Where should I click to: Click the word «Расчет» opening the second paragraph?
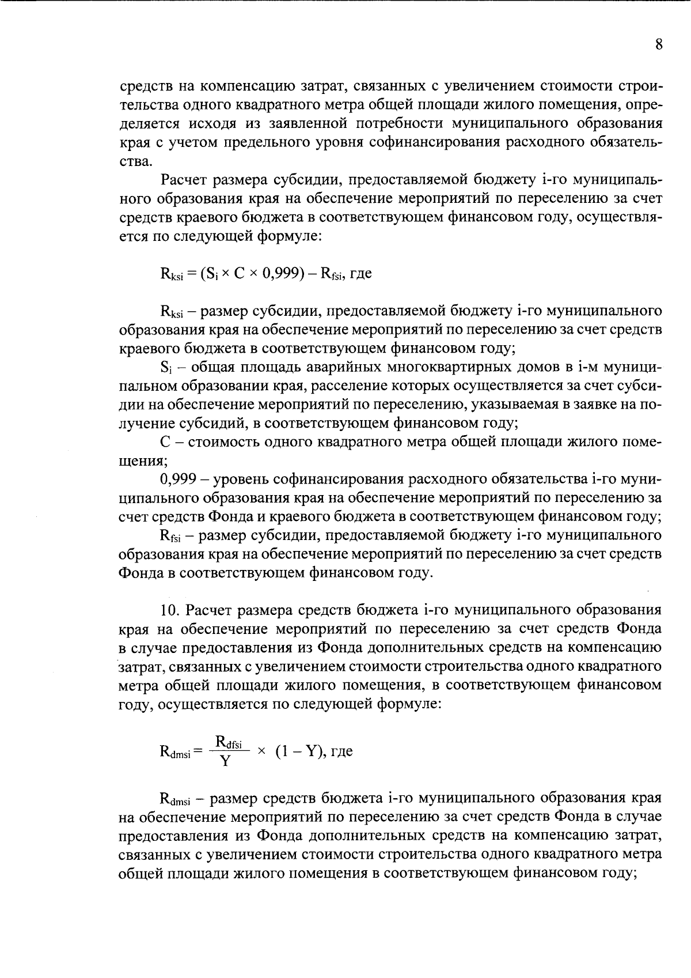click(x=184, y=181)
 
